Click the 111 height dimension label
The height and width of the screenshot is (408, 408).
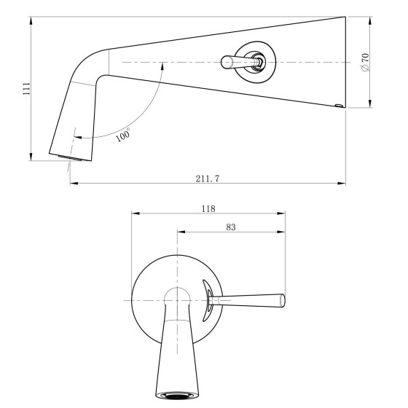pos(26,88)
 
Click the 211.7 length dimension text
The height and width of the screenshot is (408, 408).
pos(208,178)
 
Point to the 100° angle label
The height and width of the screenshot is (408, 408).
pos(123,135)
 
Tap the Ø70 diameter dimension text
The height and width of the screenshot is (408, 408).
pos(365,63)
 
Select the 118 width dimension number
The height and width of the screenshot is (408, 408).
pos(208,208)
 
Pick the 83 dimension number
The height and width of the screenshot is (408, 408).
pos(231,227)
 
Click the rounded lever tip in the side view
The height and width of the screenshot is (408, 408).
pos(227,62)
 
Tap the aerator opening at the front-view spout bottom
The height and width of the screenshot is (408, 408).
pos(177,396)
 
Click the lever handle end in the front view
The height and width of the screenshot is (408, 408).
pos(282,301)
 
